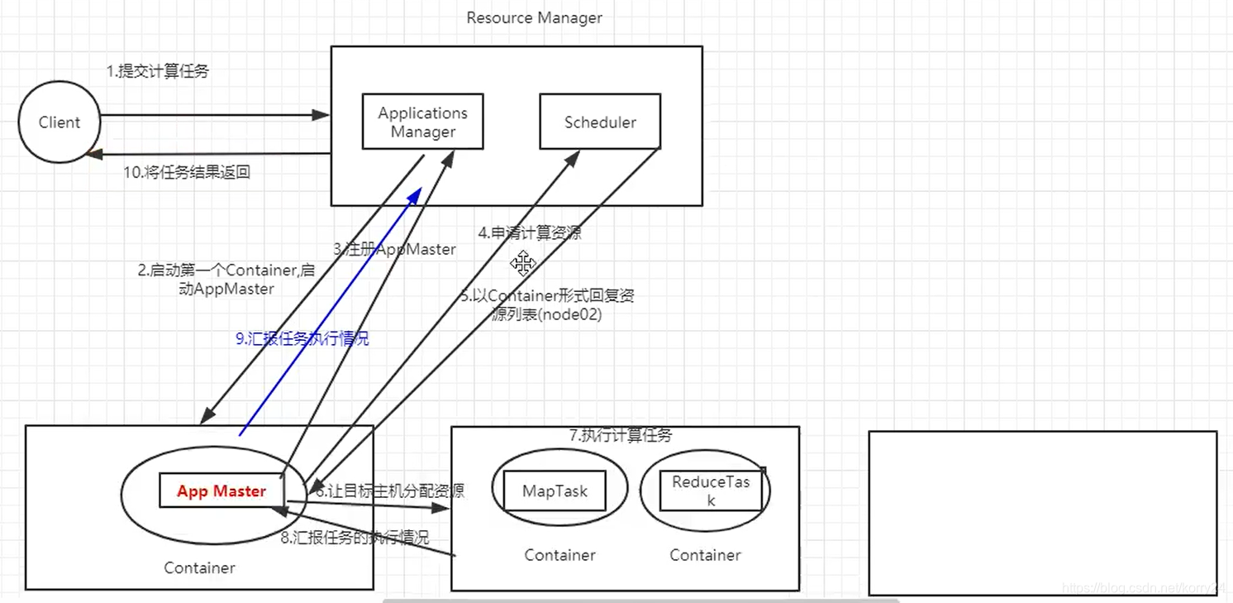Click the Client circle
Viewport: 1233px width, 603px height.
pos(60,122)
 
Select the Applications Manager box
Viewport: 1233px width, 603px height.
pos(423,122)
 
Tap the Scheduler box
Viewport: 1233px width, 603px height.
pos(600,122)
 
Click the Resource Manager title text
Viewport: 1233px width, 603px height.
pos(534,17)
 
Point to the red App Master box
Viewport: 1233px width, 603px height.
pos(221,491)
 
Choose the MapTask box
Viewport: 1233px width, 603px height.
pos(555,491)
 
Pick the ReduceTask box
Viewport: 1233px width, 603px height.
pos(711,491)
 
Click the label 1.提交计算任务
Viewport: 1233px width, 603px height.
pos(158,71)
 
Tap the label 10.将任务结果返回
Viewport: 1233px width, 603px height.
pos(187,172)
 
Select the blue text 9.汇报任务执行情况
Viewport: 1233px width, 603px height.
pos(302,337)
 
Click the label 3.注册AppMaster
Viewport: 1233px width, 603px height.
pos(394,249)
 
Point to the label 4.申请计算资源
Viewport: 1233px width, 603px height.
pos(529,233)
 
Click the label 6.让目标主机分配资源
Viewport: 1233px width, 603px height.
pos(389,491)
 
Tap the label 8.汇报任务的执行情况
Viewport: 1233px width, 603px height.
pos(355,537)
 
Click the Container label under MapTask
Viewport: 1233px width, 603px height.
pos(559,555)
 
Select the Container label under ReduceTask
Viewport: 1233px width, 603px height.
pos(705,555)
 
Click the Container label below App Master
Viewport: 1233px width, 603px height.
pos(199,567)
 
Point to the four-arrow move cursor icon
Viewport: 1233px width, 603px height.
pos(523,264)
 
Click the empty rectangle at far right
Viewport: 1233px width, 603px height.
pos(1043,513)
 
